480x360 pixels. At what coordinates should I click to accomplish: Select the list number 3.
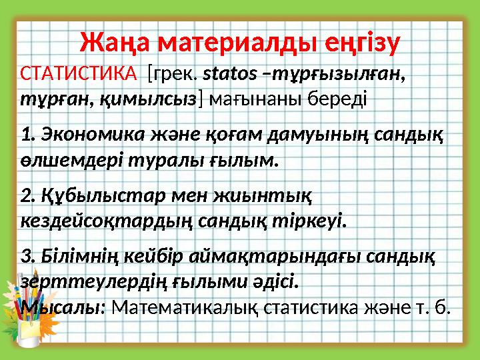click(x=27, y=255)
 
